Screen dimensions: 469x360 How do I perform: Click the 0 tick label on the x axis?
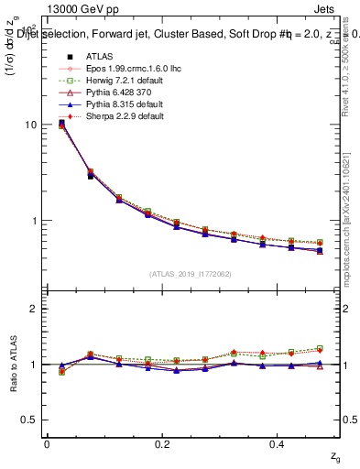[x=48, y=443]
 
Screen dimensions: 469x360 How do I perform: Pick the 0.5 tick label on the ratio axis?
[x=28, y=420]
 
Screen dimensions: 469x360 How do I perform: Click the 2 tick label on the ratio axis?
[x=33, y=309]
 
